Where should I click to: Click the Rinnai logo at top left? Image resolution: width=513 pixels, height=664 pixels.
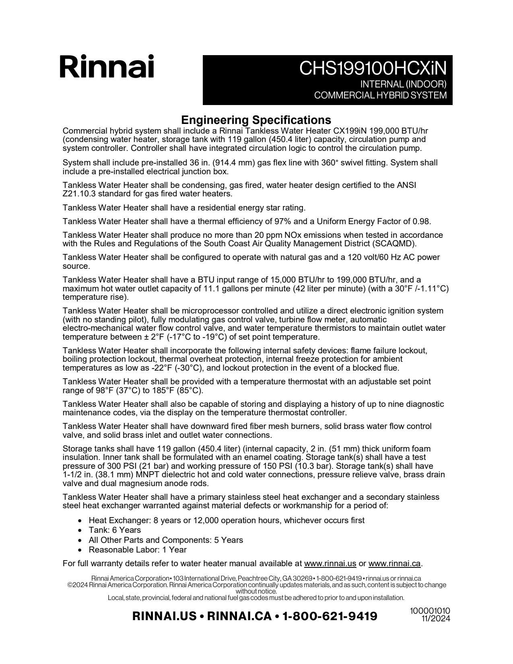[x=107, y=67]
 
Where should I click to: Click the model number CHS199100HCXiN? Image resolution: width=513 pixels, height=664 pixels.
[x=373, y=69]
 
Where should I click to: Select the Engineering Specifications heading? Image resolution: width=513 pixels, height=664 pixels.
[x=256, y=120]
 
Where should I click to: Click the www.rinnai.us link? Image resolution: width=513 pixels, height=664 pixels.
[x=330, y=563]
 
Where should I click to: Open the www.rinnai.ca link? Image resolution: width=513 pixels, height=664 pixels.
[x=394, y=563]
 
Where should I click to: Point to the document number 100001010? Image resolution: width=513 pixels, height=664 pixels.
[x=430, y=611]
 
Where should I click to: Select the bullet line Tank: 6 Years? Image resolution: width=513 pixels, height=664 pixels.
[x=115, y=530]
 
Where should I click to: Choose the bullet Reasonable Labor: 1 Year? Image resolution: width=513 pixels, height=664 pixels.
[x=138, y=550]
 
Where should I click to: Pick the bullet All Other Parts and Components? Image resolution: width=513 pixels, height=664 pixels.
[x=166, y=540]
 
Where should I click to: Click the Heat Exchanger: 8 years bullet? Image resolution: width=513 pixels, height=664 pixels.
[x=227, y=520]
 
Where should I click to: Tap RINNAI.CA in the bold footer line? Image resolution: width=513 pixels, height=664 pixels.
[x=239, y=616]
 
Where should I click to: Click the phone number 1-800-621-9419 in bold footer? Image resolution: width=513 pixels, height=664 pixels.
[x=330, y=616]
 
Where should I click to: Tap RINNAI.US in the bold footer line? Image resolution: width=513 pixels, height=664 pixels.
[x=164, y=616]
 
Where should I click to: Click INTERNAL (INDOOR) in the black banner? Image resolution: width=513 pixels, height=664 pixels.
[x=403, y=85]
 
